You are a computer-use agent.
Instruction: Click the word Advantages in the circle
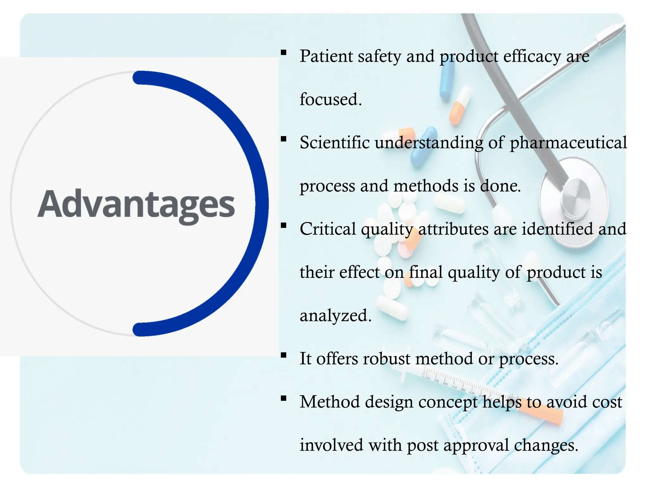[x=136, y=204]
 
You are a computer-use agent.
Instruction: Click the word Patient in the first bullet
[x=326, y=56]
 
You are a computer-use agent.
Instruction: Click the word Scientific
[x=334, y=142]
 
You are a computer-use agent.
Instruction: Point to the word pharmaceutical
[x=568, y=143]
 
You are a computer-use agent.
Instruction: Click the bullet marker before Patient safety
[x=283, y=53]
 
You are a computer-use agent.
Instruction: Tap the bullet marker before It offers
[x=283, y=355]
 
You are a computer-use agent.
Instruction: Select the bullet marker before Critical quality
[x=283, y=225]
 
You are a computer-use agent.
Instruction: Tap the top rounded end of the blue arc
[x=139, y=78]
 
